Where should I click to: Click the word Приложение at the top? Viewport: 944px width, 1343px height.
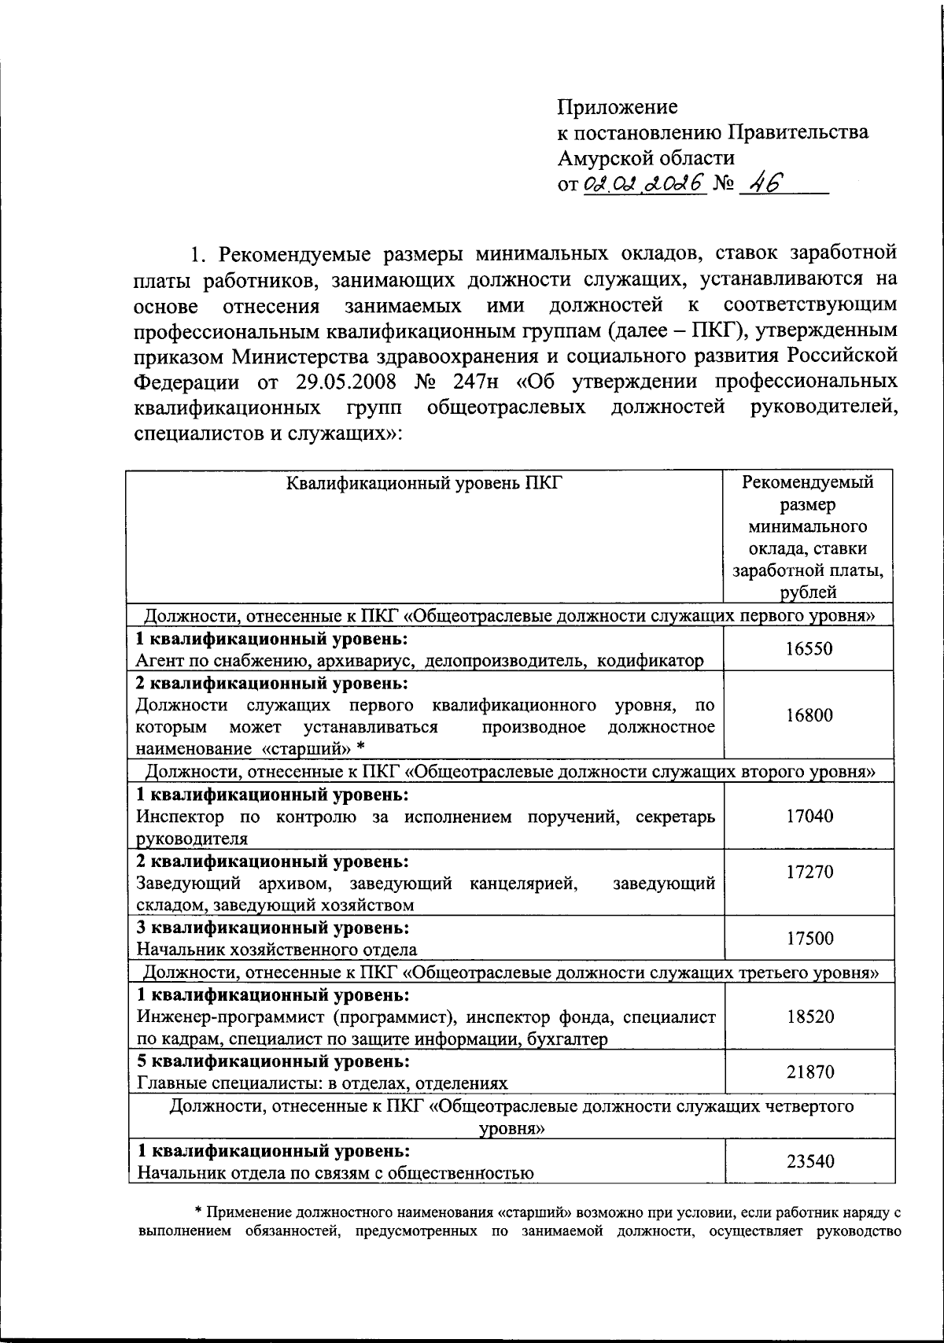618,107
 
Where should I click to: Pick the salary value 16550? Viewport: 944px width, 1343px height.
809,649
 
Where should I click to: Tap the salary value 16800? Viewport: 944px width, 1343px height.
809,715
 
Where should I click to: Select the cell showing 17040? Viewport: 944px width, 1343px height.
809,816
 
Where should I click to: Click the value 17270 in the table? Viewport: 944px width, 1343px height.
809,872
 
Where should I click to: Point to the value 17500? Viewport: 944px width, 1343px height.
809,939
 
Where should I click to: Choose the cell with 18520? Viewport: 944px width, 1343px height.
809,1016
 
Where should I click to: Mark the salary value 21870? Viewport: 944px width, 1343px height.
809,1072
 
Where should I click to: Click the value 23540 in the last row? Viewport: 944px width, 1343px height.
809,1161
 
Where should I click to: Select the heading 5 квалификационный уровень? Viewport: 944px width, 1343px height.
273,1061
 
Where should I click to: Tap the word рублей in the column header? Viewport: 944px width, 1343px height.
809,592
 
